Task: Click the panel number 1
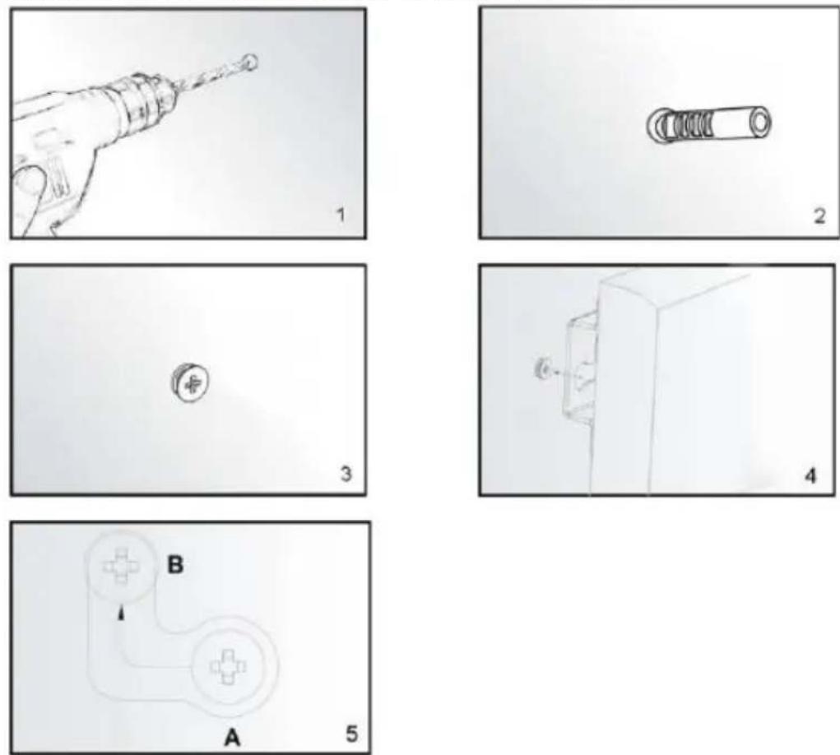341,215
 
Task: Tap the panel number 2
819,215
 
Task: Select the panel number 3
346,474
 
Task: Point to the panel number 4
811,475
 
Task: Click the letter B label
175,565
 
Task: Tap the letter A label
232,738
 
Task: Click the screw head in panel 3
190,383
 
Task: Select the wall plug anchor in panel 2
709,125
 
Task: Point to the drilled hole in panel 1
250,63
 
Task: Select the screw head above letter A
229,667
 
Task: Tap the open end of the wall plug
758,123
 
